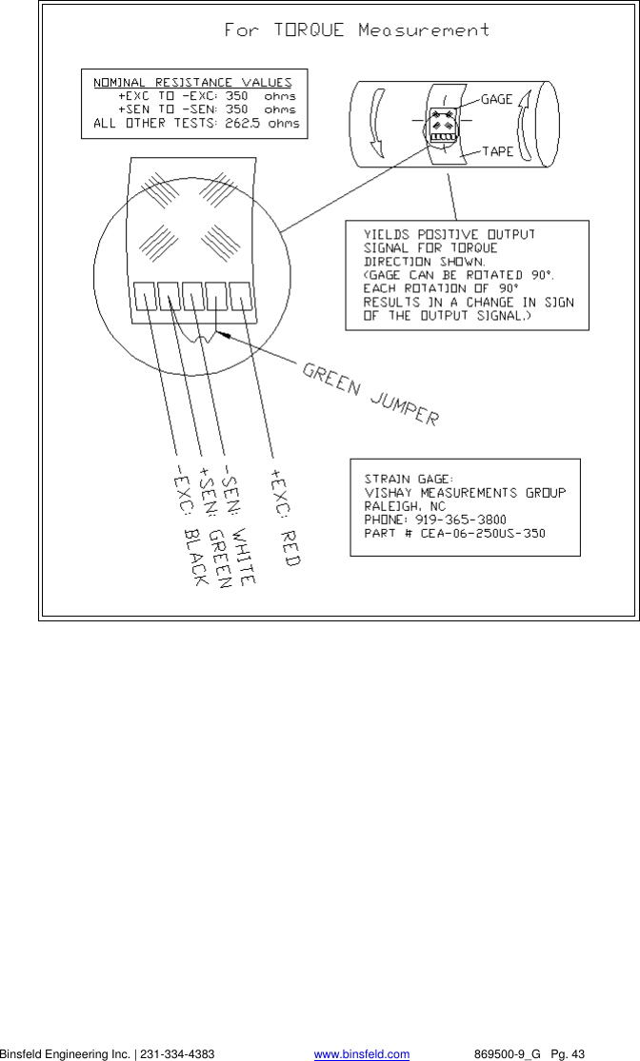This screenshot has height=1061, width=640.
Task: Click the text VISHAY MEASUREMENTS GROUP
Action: [465, 492]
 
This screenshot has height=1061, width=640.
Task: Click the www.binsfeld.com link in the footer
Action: [362, 1053]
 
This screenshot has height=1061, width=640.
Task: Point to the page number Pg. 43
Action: [566, 1053]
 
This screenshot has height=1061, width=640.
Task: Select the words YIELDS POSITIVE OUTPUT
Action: [450, 233]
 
